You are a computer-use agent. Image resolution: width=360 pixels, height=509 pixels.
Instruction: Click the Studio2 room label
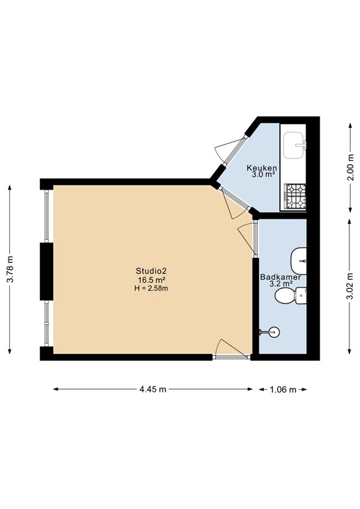150,270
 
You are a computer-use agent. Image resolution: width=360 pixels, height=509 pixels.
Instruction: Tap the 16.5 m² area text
150,279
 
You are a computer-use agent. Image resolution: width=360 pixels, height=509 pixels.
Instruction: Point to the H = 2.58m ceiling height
150,288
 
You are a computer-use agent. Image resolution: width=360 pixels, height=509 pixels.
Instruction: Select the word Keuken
261,168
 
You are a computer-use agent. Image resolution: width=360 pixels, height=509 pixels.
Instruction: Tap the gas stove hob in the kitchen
294,194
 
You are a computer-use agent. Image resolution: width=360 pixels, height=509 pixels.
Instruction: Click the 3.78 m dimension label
9,270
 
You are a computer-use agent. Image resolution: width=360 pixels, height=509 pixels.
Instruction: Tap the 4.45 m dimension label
152,390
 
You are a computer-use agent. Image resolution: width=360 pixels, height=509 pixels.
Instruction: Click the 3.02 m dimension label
351,286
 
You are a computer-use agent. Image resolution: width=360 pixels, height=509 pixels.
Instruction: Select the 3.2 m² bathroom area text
281,284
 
